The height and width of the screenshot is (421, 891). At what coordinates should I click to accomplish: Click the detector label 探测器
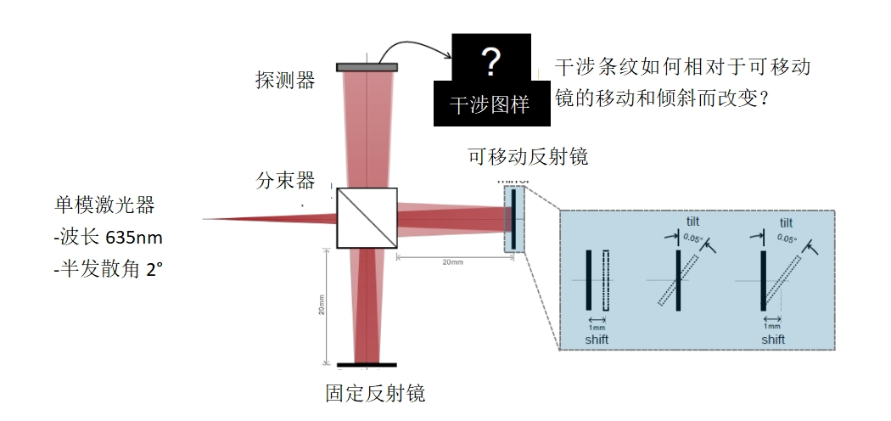285,80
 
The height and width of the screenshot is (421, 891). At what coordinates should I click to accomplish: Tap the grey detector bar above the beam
367,67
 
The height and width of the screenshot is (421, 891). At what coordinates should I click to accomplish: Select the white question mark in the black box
490,60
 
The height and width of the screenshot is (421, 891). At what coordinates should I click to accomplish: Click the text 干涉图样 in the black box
489,104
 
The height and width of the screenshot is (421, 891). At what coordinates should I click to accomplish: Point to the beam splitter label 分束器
285,180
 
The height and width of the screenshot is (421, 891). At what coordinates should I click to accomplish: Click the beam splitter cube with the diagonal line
367,218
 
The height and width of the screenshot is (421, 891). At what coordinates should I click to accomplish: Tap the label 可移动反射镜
528,157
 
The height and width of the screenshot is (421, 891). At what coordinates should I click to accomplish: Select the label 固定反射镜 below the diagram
375,393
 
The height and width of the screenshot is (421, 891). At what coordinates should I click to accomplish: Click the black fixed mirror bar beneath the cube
367,366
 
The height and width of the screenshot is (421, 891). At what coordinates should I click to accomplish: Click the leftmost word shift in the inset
597,340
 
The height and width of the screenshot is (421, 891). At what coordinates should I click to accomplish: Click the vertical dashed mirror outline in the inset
606,279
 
